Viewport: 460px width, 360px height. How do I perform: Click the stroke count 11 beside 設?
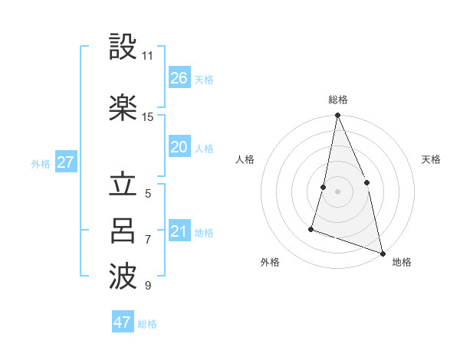pos(147,56)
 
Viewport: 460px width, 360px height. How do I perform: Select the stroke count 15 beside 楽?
pos(148,116)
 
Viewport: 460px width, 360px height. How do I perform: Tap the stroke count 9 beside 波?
pos(148,286)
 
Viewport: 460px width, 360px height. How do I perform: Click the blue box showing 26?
pos(179,78)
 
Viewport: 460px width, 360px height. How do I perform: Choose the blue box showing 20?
pos(179,147)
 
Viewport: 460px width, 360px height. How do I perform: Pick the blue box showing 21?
pos(179,231)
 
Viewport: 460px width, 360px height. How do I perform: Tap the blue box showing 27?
pos(66,162)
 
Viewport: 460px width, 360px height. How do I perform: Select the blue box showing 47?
pos(123,322)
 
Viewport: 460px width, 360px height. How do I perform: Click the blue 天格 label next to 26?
pos(203,80)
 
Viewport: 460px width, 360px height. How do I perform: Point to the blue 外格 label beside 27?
pos(41,163)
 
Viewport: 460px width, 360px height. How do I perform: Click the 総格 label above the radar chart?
pos(338,100)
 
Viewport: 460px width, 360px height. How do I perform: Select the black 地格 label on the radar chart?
pos(402,262)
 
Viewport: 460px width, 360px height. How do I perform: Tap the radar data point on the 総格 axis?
pos(337,116)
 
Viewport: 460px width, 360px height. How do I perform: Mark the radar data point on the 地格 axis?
pos(382,252)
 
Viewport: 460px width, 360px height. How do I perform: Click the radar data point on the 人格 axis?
pos(324,187)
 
